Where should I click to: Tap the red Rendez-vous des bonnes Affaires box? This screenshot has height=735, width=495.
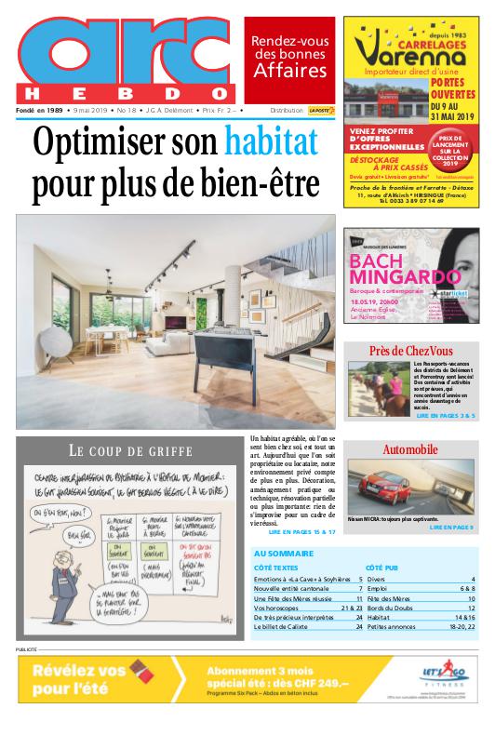pyautogui.click(x=289, y=59)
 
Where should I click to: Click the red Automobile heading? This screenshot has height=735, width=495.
pyautogui.click(x=409, y=449)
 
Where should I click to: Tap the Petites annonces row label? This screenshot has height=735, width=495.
pyautogui.click(x=395, y=627)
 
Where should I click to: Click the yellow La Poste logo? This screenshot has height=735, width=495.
pyautogui.click(x=321, y=110)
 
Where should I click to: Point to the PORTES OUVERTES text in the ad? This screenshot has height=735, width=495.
pyautogui.click(x=453, y=88)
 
